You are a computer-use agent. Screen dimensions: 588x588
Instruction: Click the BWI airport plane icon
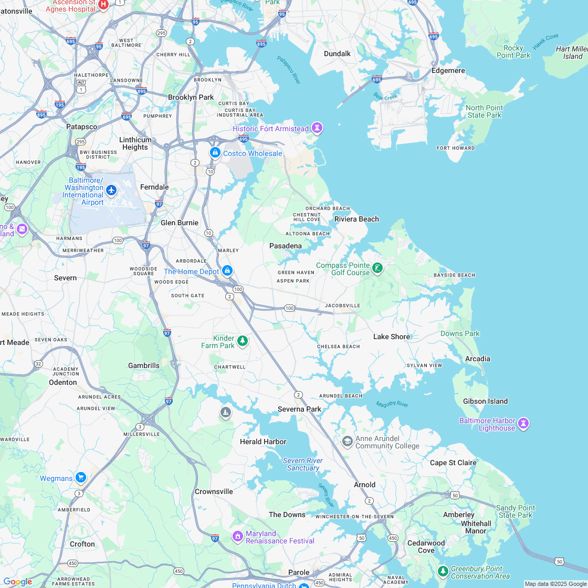point(111,190)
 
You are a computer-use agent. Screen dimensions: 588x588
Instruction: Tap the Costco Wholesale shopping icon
point(215,152)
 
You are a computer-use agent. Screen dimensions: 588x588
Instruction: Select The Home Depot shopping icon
point(227,271)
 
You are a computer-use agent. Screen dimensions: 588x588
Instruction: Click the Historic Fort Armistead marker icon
point(317,128)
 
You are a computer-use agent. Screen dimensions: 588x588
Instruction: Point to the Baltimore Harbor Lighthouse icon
point(523,423)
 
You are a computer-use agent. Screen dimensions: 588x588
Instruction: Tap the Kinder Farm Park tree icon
point(242,341)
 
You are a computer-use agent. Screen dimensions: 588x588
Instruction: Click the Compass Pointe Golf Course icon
point(377,269)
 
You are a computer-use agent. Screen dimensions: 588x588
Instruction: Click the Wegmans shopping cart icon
point(81,477)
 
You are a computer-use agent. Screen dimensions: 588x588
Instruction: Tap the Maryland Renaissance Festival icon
point(238,536)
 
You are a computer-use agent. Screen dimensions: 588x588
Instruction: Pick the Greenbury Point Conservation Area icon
point(443,571)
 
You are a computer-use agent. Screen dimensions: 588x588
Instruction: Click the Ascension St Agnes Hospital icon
point(103,5)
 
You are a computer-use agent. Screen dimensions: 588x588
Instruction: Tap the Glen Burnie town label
point(180,223)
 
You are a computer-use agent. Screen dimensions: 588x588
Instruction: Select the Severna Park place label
point(299,409)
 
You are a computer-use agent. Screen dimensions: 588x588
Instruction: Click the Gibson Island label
point(485,401)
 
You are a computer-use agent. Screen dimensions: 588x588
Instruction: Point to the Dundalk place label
point(337,54)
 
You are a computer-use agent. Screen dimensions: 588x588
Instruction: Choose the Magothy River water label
point(392,404)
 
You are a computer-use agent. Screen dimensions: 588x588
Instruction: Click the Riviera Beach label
point(356,219)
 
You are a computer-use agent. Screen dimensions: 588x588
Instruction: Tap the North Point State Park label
point(484,111)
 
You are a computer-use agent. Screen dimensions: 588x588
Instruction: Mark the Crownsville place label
point(214,491)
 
